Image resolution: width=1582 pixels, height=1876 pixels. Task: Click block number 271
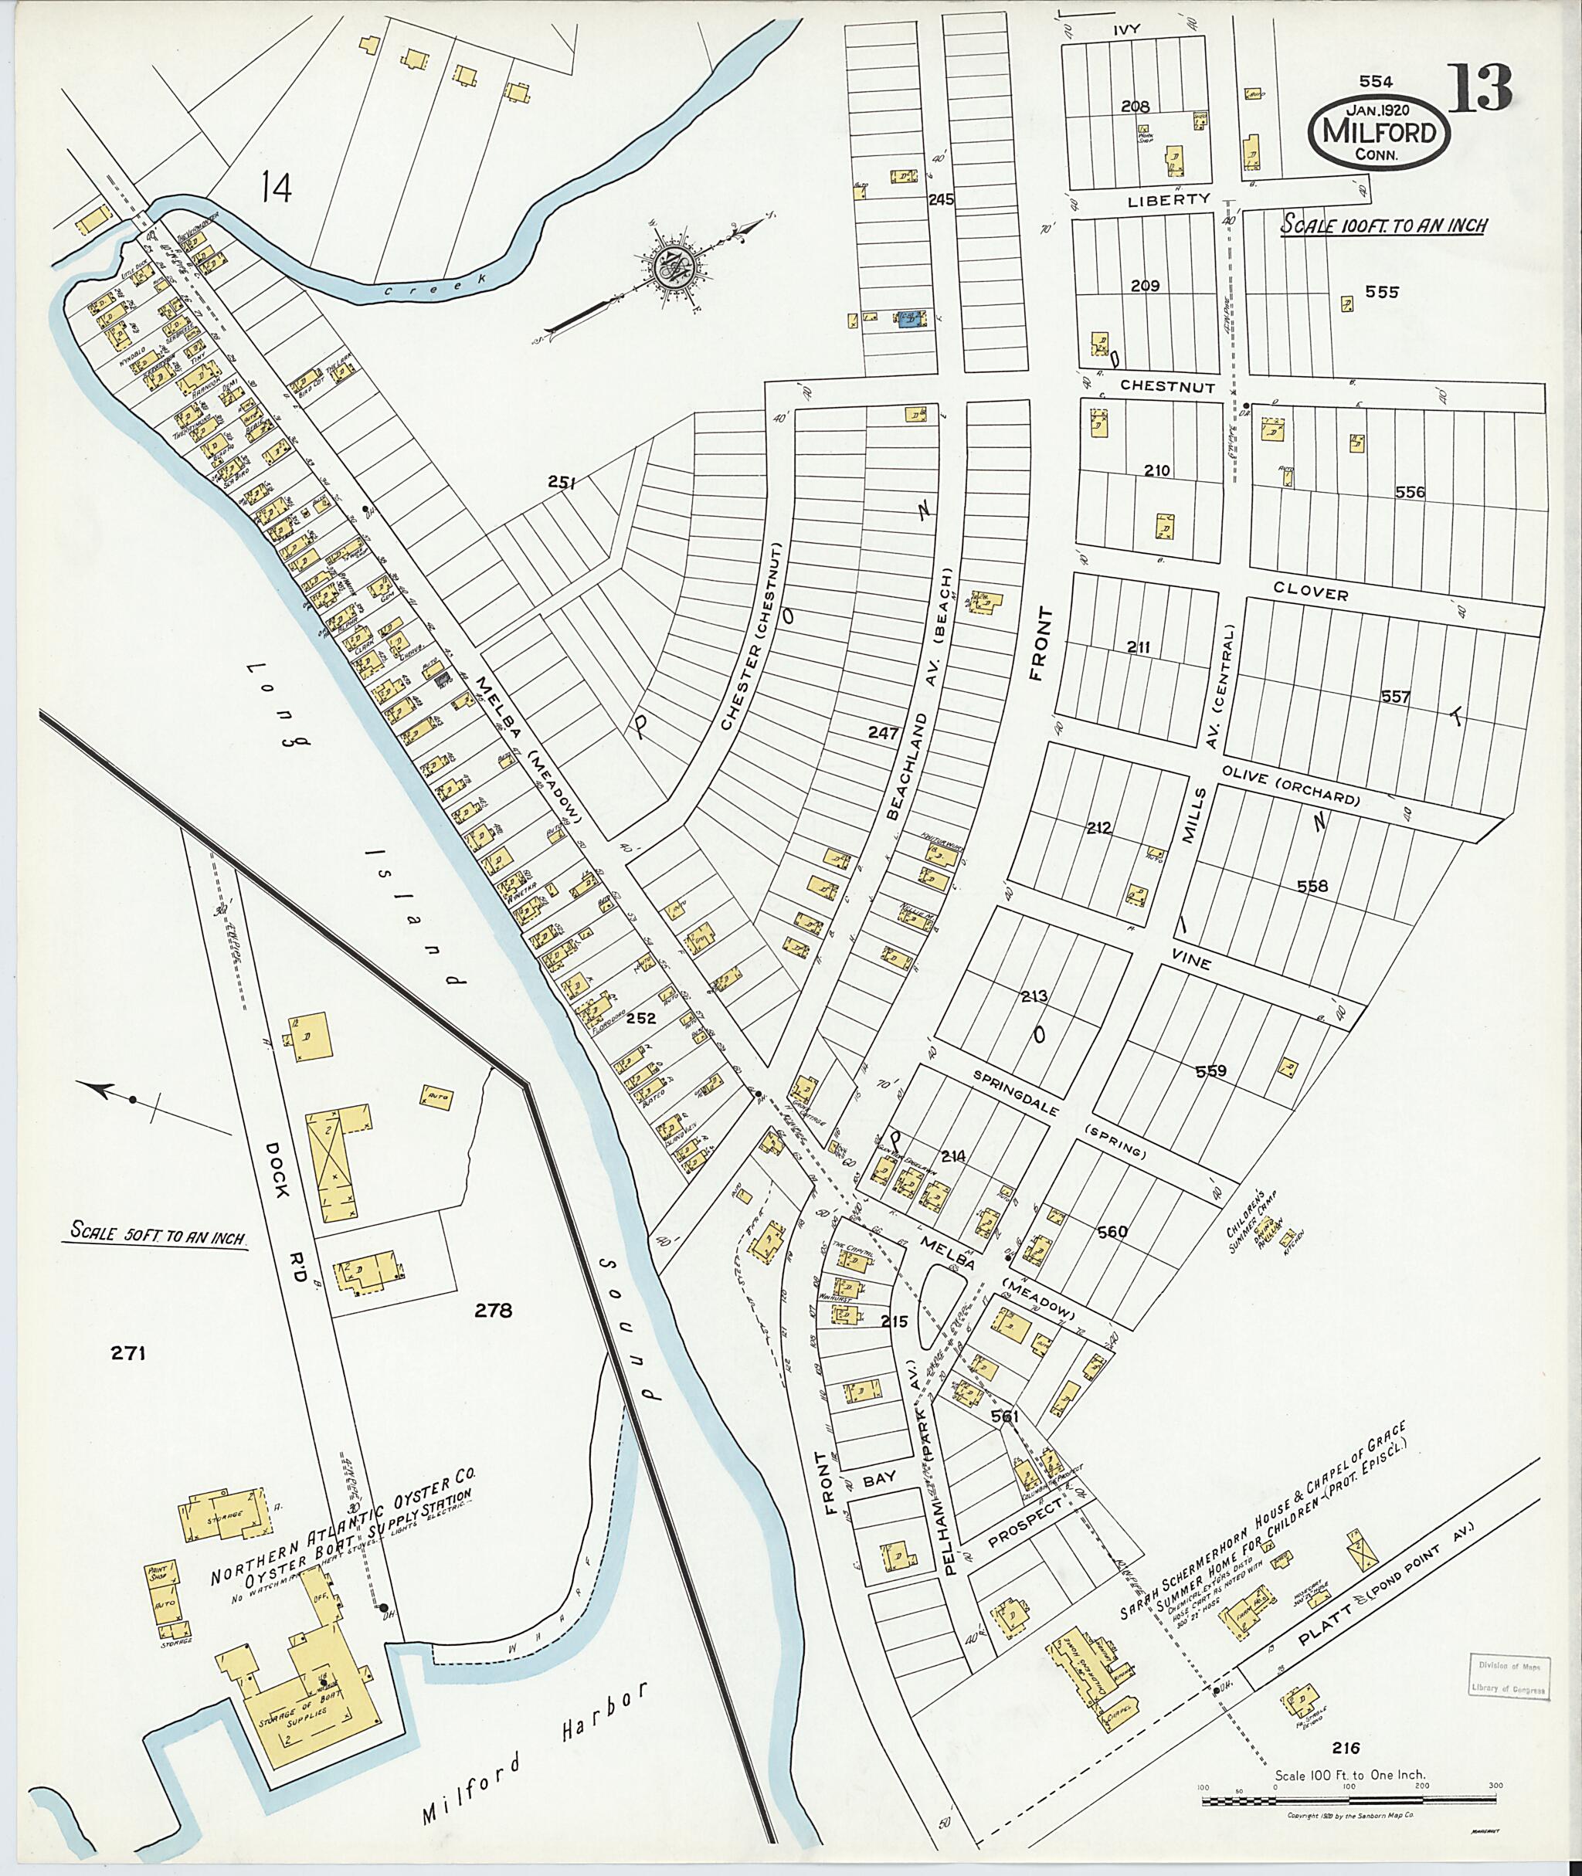(x=128, y=1354)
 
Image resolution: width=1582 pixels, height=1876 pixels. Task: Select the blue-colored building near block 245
(x=910, y=318)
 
